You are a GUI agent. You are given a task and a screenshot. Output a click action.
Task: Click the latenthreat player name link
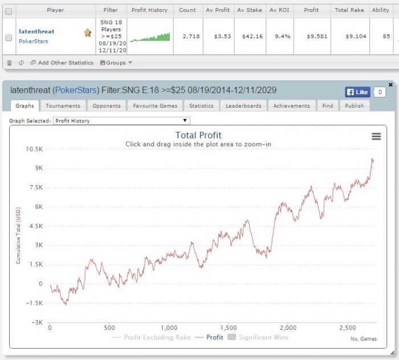click(x=36, y=31)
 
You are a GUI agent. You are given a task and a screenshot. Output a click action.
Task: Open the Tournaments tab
click(x=63, y=106)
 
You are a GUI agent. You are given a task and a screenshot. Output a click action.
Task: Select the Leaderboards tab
click(x=243, y=106)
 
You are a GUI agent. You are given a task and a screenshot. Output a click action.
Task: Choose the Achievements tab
click(x=292, y=106)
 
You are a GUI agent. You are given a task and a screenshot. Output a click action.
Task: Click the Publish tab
click(x=354, y=106)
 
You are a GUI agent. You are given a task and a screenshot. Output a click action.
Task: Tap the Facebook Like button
click(x=357, y=92)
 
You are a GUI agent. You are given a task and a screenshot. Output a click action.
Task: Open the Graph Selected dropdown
click(x=121, y=121)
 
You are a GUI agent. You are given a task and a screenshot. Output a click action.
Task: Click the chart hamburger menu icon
click(x=376, y=137)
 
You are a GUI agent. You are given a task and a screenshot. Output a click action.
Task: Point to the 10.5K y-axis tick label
click(x=34, y=149)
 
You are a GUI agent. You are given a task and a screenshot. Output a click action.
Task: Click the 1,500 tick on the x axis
click(x=229, y=328)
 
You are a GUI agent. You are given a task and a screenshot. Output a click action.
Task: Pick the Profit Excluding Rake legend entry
click(x=152, y=337)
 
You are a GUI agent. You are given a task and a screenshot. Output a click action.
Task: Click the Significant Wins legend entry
click(x=258, y=337)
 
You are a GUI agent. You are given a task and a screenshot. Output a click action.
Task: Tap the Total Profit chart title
click(x=198, y=135)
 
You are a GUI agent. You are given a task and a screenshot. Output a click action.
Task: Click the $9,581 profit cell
click(x=317, y=36)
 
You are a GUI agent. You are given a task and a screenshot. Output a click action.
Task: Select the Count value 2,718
click(x=191, y=36)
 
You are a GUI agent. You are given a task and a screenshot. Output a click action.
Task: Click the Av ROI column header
click(x=279, y=10)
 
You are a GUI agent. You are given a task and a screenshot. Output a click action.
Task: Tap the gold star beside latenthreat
click(x=88, y=32)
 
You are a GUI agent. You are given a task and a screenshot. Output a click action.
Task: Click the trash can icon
click(x=10, y=63)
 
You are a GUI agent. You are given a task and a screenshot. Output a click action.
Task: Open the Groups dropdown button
click(x=116, y=63)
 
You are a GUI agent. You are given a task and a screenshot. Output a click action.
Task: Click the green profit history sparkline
click(x=150, y=37)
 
